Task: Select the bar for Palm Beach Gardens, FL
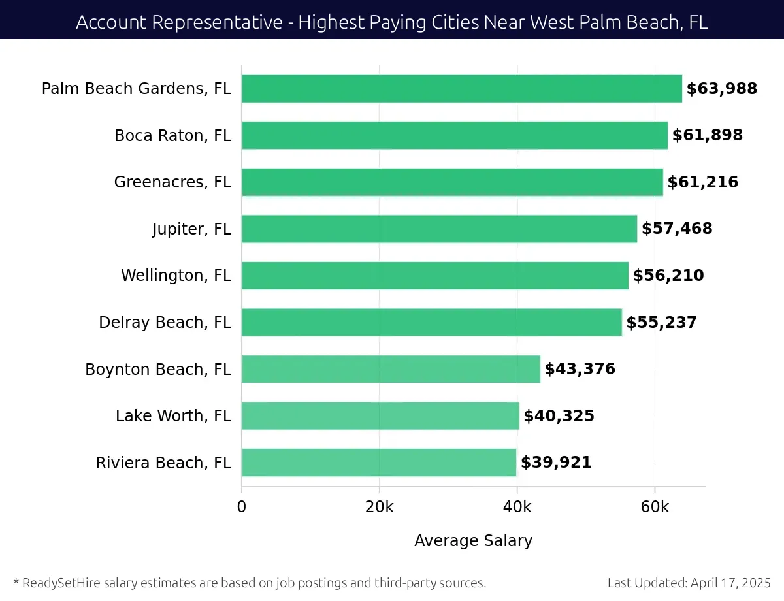pyautogui.click(x=461, y=89)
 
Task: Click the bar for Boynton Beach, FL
pyautogui.click(x=391, y=369)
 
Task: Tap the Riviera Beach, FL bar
pyautogui.click(x=379, y=463)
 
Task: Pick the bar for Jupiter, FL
pyautogui.click(x=439, y=229)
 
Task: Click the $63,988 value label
pyautogui.click(x=721, y=89)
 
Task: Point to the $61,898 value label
pyautogui.click(x=708, y=135)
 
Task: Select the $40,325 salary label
pyautogui.click(x=559, y=416)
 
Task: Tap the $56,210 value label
pyautogui.click(x=668, y=276)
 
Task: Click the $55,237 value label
pyautogui.click(x=661, y=323)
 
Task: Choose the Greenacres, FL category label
pyautogui.click(x=172, y=182)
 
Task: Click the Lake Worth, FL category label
pyautogui.click(x=173, y=416)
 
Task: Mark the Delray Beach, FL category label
pyautogui.click(x=165, y=323)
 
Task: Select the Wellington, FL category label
pyautogui.click(x=176, y=276)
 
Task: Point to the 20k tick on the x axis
pyautogui.click(x=379, y=507)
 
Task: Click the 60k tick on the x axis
pyautogui.click(x=655, y=507)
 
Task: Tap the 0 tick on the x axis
pyautogui.click(x=242, y=507)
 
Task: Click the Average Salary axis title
pyautogui.click(x=473, y=541)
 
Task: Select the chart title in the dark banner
pyautogui.click(x=392, y=22)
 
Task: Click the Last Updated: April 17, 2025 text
pyautogui.click(x=689, y=583)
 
